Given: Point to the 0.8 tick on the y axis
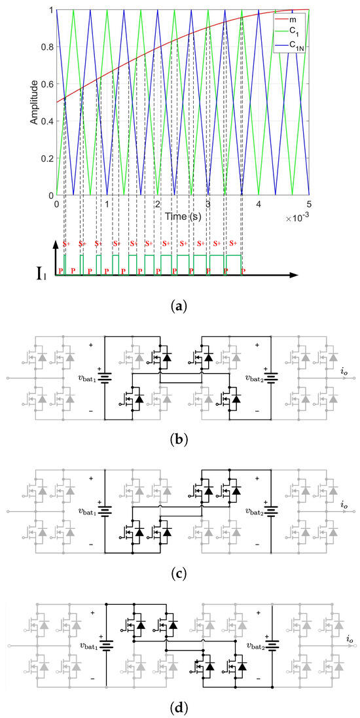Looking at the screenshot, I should click(x=45, y=47).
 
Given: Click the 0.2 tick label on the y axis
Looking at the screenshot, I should click(x=45, y=158).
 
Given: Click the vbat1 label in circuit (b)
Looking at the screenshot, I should click(x=84, y=378).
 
